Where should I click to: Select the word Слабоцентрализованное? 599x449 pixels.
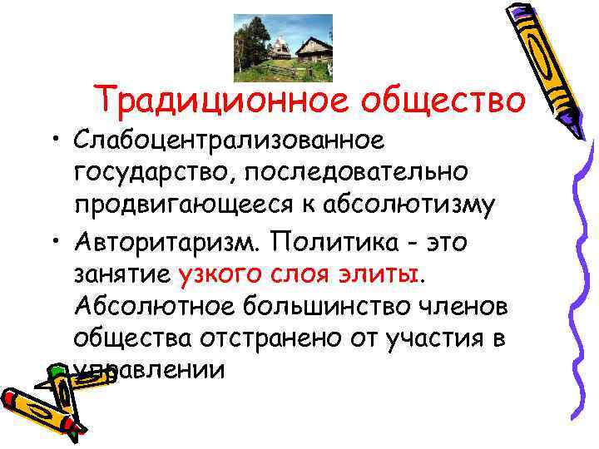pos(229,141)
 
